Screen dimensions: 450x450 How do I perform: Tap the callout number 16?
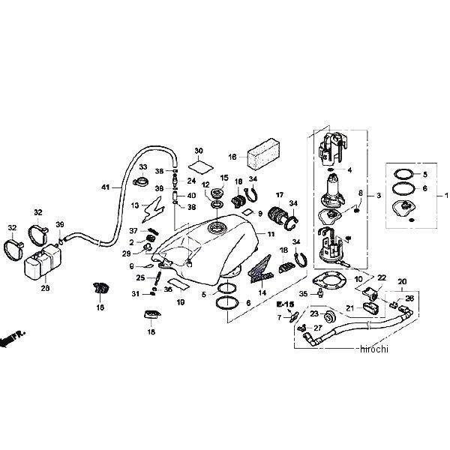(232, 157)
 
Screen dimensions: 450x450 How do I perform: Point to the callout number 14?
(263, 294)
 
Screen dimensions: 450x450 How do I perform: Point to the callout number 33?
(142, 167)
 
